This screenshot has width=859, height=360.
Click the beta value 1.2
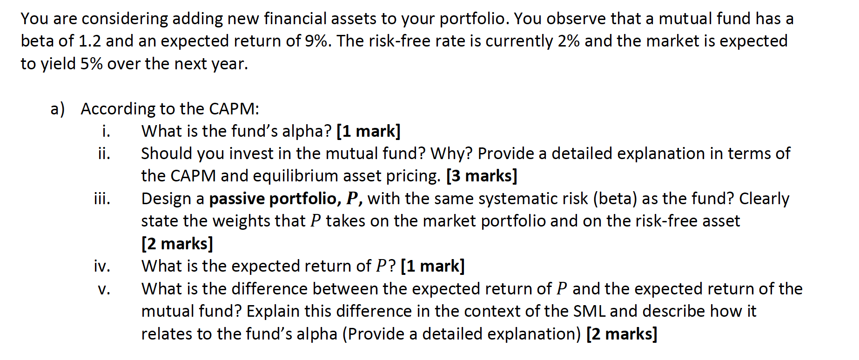(89, 41)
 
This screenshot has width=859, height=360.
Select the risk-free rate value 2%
(568, 41)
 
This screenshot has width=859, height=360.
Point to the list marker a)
(58, 109)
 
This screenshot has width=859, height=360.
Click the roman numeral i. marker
(106, 131)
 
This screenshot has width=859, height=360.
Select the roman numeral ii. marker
(104, 153)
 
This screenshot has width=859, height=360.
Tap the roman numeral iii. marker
(102, 199)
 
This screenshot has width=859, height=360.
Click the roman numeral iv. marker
(102, 266)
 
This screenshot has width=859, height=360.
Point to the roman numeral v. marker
(104, 289)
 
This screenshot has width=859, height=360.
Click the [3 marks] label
(482, 176)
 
